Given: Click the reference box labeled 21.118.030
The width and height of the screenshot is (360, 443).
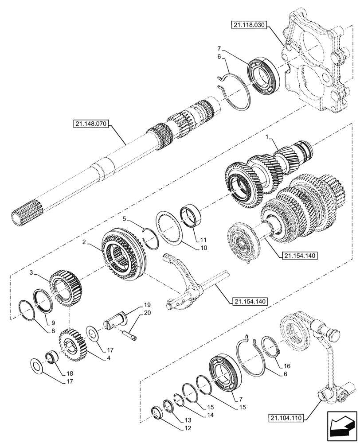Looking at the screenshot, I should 248,26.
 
